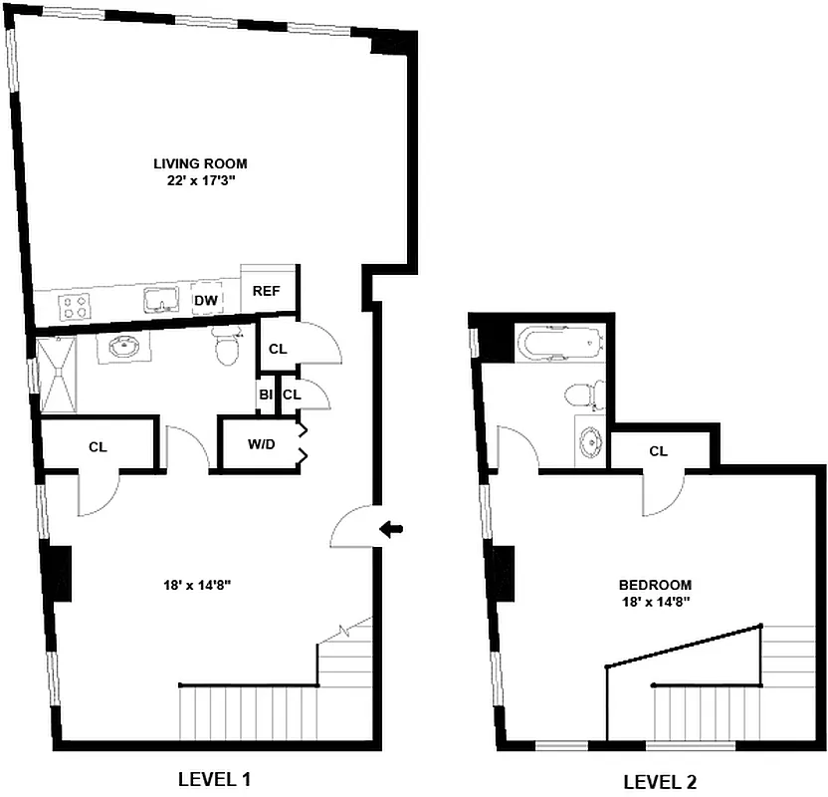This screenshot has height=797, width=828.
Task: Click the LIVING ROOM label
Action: [x=200, y=163]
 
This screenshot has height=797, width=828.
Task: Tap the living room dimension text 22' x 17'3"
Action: [x=200, y=181]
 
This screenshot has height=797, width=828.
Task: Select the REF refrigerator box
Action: [x=266, y=291]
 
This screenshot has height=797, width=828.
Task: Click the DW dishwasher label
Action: [x=206, y=300]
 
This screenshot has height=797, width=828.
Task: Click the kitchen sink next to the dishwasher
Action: [x=159, y=299]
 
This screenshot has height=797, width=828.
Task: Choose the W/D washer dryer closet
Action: [x=261, y=444]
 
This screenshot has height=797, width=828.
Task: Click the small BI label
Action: [x=266, y=396]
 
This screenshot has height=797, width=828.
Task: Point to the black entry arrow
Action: [x=393, y=531]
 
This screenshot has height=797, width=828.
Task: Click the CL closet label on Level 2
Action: [x=658, y=451]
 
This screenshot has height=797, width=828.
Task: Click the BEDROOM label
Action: [x=655, y=585]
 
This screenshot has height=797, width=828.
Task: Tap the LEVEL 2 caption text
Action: [x=666, y=782]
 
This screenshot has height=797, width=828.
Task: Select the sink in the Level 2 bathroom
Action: [x=591, y=441]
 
